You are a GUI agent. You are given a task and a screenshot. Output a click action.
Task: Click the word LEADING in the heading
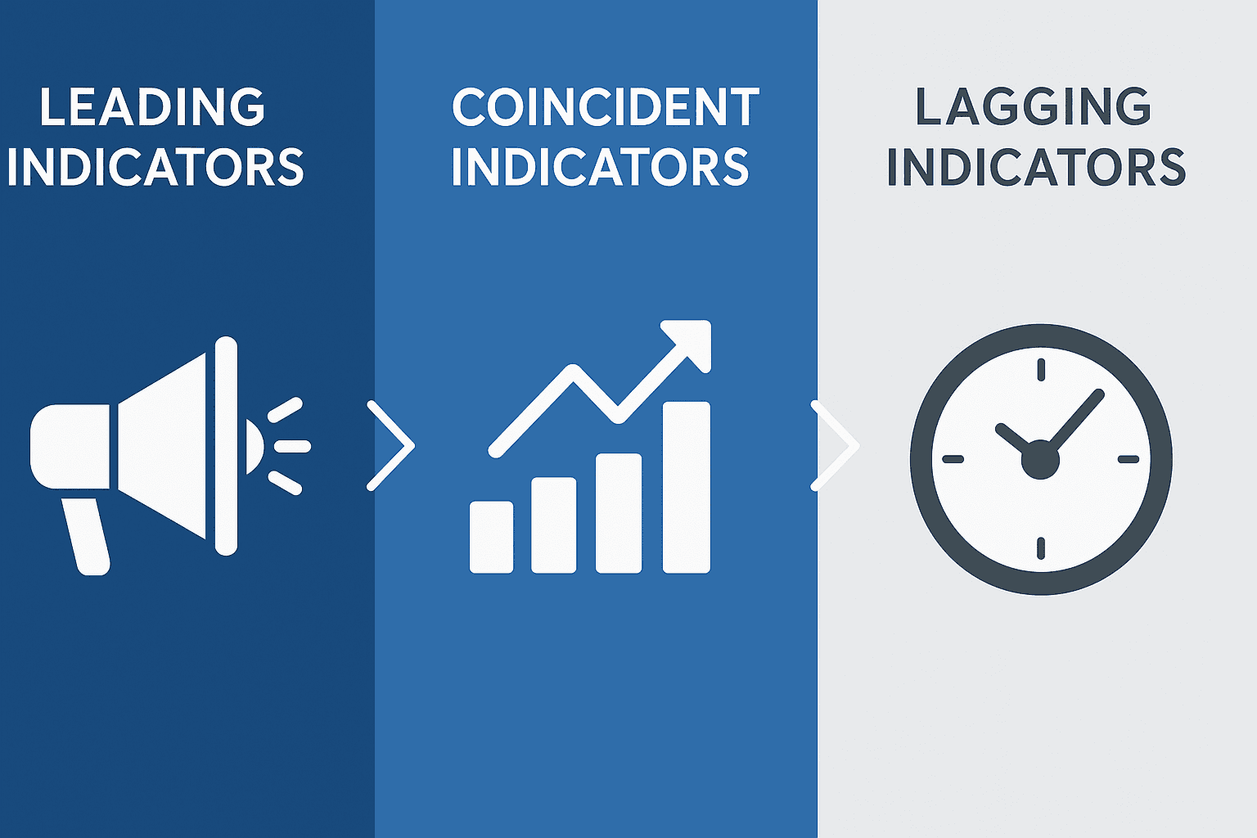(152, 107)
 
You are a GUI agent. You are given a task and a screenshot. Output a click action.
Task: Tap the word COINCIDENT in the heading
(606, 107)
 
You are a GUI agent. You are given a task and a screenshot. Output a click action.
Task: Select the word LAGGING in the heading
(1033, 107)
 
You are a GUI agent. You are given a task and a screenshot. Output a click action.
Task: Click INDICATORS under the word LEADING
(155, 167)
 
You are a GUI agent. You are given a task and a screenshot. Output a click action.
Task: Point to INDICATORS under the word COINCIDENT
(600, 167)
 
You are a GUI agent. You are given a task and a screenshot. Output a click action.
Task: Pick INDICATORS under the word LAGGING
(1036, 167)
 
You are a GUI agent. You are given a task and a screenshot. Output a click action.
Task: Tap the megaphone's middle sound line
(292, 446)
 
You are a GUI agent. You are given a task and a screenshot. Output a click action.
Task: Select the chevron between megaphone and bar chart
(391, 446)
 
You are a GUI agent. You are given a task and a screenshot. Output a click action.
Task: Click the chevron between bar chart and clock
(835, 446)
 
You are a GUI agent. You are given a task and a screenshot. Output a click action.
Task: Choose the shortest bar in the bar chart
(491, 537)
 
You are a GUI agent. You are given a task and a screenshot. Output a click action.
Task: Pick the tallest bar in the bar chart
(686, 487)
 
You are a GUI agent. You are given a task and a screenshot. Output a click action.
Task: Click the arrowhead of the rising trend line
(692, 340)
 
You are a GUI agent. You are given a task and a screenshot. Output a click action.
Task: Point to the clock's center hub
(1040, 459)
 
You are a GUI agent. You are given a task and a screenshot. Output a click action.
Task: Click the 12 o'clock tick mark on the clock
(1041, 370)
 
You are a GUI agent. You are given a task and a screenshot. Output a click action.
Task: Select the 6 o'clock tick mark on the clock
(1041, 547)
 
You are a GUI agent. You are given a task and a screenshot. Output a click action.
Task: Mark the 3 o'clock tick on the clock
(1128, 459)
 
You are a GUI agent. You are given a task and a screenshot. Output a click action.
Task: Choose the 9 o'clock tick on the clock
(953, 459)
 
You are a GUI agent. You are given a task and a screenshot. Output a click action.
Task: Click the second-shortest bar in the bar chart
(554, 525)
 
